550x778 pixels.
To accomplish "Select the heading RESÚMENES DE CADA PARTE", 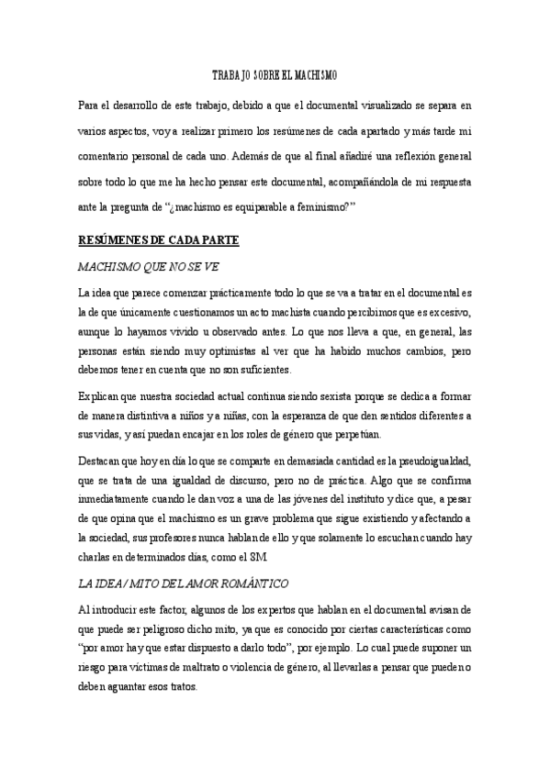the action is click(159, 241).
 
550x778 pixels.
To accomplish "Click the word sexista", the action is click(295, 396).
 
